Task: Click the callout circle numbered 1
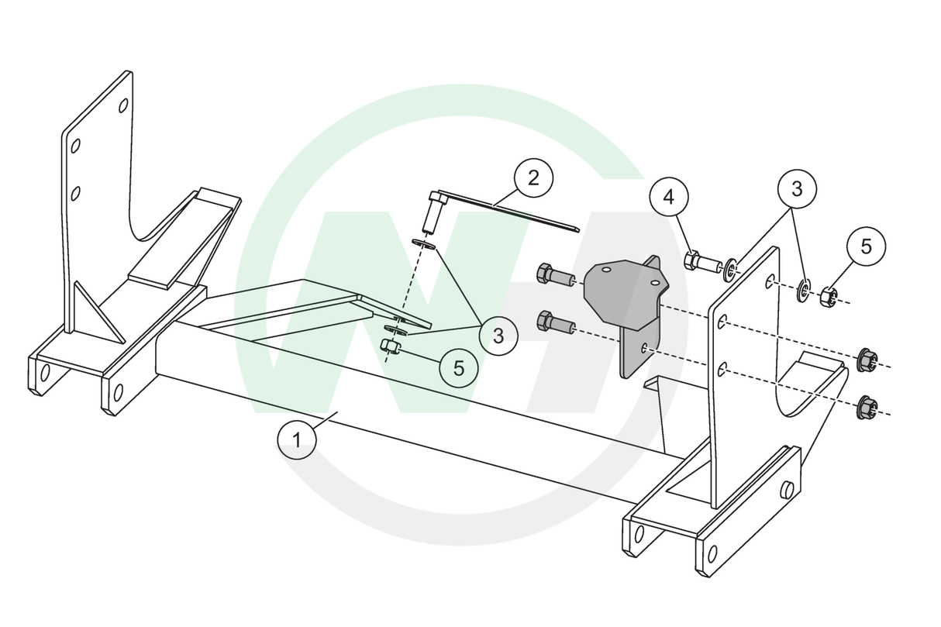pos(297,440)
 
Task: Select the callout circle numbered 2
pos(533,178)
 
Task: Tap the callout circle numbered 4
pos(669,197)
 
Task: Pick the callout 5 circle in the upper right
pos(867,246)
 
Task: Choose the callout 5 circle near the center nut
pos(459,368)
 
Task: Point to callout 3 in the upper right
pos(797,189)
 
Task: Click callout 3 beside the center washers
pos(498,336)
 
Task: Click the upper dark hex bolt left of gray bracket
pos(555,274)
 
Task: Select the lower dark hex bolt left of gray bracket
pos(555,322)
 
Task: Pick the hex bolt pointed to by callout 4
pos(704,262)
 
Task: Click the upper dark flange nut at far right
pos(867,360)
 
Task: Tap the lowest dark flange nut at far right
pos(867,407)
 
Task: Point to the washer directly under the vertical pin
pos(422,243)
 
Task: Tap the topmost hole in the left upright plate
pos(123,105)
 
